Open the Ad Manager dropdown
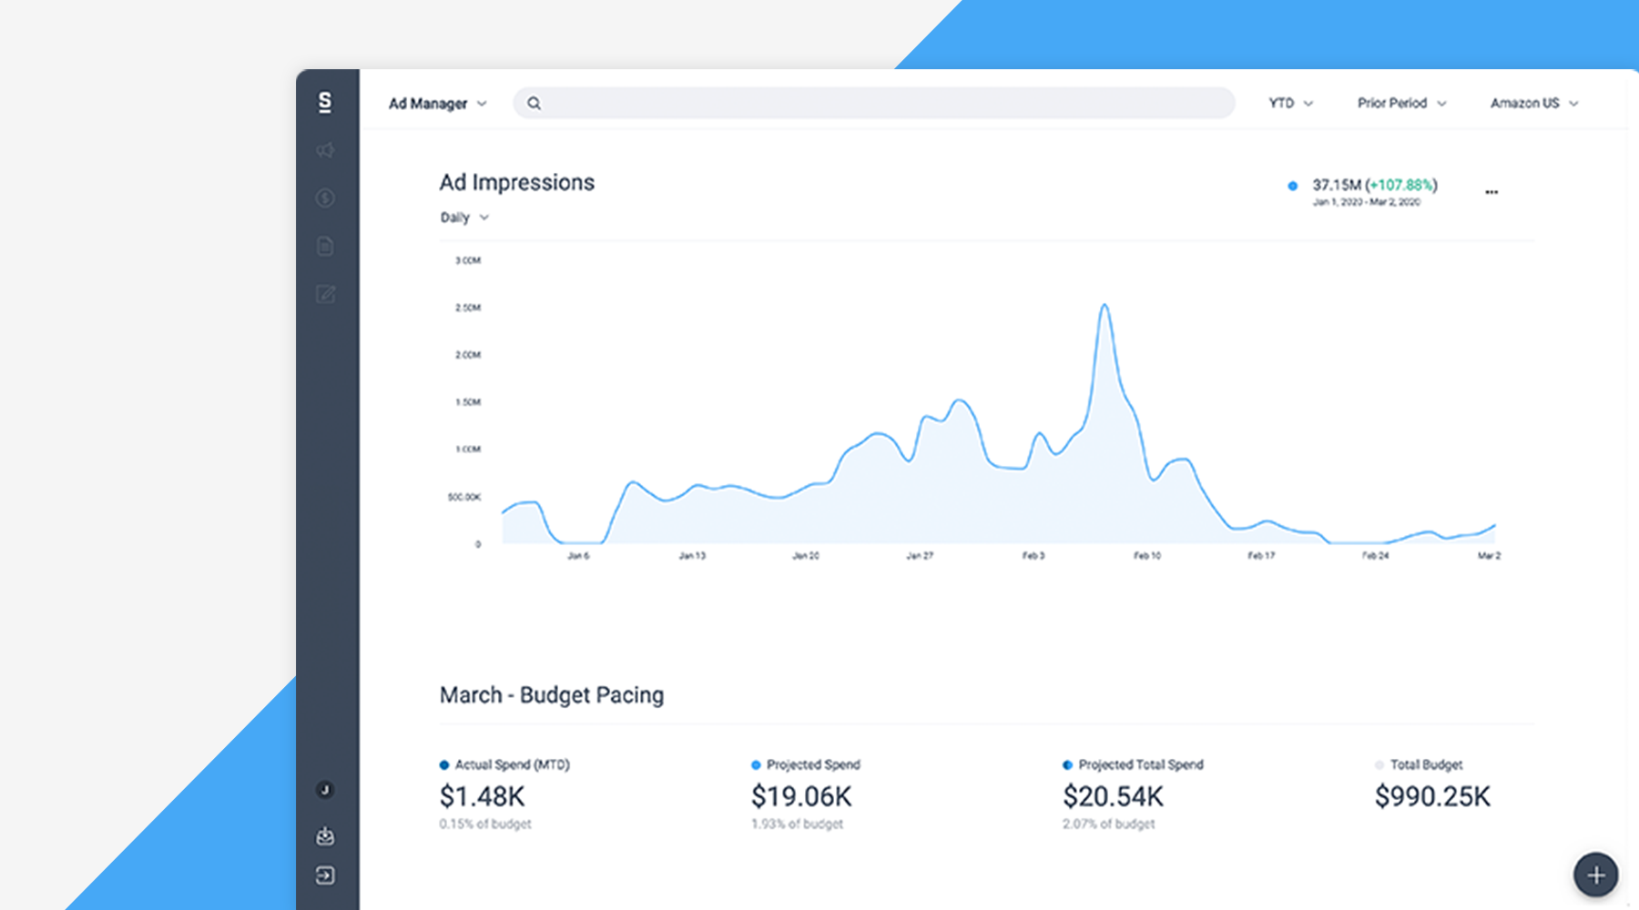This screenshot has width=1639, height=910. (x=437, y=104)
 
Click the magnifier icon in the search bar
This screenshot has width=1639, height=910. (x=534, y=104)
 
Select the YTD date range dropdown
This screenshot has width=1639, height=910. (x=1290, y=104)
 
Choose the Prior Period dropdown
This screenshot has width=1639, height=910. (x=1401, y=104)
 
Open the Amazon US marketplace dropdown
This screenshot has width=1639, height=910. (x=1533, y=104)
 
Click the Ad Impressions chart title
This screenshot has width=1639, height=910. (x=516, y=183)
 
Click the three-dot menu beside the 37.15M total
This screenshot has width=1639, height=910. (x=1491, y=192)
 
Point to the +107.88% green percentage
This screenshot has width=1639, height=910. (x=1401, y=185)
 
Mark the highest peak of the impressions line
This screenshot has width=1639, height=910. (x=1105, y=306)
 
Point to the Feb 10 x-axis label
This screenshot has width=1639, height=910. (x=1147, y=556)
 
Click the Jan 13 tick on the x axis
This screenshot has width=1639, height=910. (x=692, y=556)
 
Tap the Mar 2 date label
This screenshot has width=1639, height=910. (x=1489, y=556)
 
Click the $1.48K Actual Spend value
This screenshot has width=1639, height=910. (x=482, y=797)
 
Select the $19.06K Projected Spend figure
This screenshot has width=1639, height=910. (x=801, y=797)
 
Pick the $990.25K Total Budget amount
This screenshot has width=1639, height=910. (x=1432, y=797)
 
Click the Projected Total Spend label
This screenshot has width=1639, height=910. (x=1140, y=764)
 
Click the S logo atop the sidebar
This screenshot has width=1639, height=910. (x=325, y=102)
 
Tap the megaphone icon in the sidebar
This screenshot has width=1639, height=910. (x=325, y=150)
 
